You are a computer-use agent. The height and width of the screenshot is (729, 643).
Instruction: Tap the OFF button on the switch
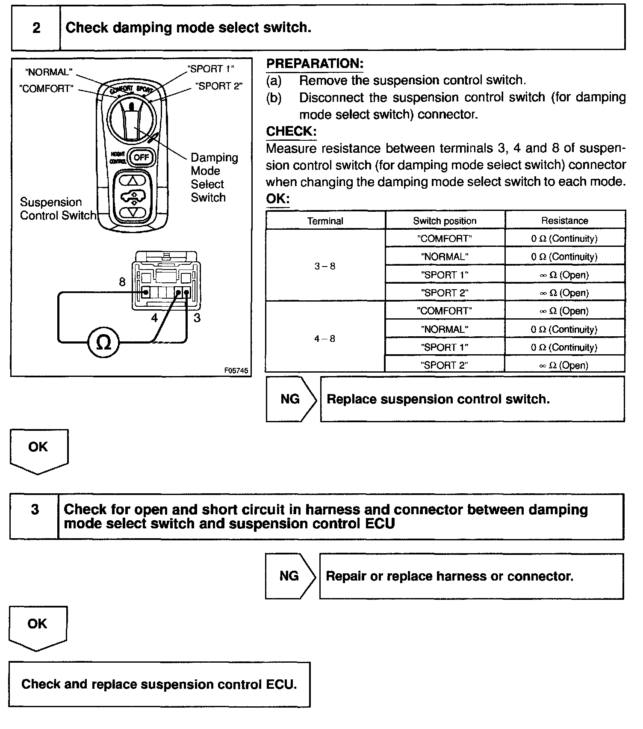141,157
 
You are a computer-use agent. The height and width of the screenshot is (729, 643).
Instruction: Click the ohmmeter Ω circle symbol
103,342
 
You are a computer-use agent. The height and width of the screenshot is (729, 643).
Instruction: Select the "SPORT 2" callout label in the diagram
218,86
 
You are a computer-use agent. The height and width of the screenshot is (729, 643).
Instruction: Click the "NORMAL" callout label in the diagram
49,72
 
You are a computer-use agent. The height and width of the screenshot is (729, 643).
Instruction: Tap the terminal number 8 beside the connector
122,282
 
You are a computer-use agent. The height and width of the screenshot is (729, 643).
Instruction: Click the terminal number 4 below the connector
154,318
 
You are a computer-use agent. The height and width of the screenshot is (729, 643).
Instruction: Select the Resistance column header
564,221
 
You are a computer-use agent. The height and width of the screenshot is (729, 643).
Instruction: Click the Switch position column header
445,221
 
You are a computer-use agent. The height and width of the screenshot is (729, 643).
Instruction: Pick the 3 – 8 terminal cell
325,266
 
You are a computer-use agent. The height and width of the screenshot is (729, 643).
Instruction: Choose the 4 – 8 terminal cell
325,338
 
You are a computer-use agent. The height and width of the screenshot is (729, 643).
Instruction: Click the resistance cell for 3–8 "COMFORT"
564,239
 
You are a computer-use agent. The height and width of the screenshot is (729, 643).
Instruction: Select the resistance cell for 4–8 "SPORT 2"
564,365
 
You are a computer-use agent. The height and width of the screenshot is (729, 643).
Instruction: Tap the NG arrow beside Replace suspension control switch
291,399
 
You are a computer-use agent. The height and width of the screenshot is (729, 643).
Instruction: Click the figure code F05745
236,370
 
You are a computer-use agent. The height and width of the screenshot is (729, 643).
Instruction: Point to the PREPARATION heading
315,64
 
